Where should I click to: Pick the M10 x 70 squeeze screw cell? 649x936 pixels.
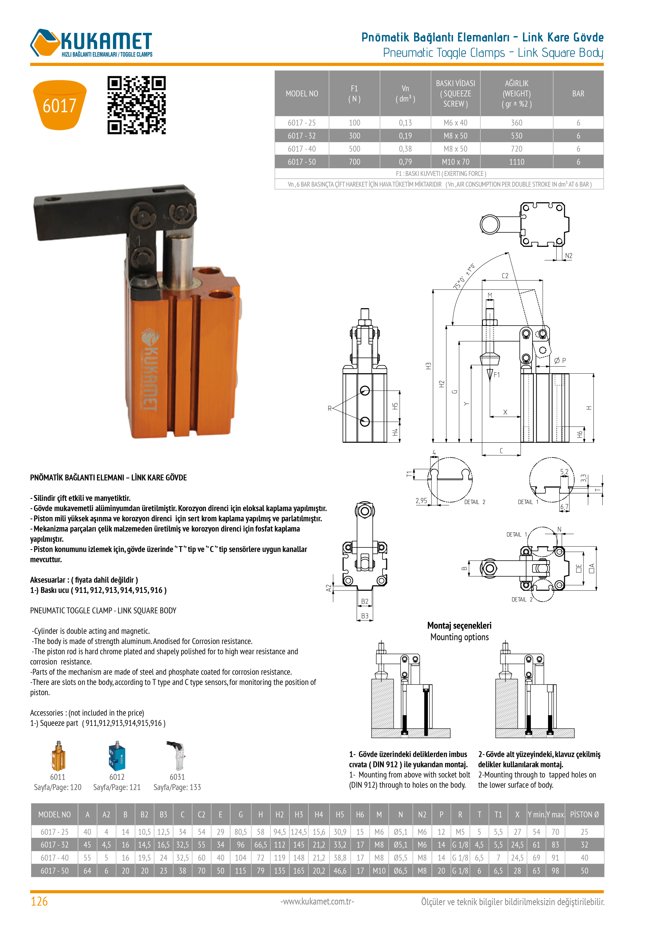coord(456,162)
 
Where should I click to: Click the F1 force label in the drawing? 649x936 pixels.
coord(496,375)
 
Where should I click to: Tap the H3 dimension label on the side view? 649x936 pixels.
coord(428,366)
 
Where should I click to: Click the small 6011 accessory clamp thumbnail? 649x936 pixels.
coord(58,755)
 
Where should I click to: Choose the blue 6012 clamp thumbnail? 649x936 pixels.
coord(117,755)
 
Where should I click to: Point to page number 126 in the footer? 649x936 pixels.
coord(39,901)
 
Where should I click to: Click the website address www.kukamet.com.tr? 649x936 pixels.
coord(317,901)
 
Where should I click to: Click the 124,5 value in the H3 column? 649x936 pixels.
coord(299,832)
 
